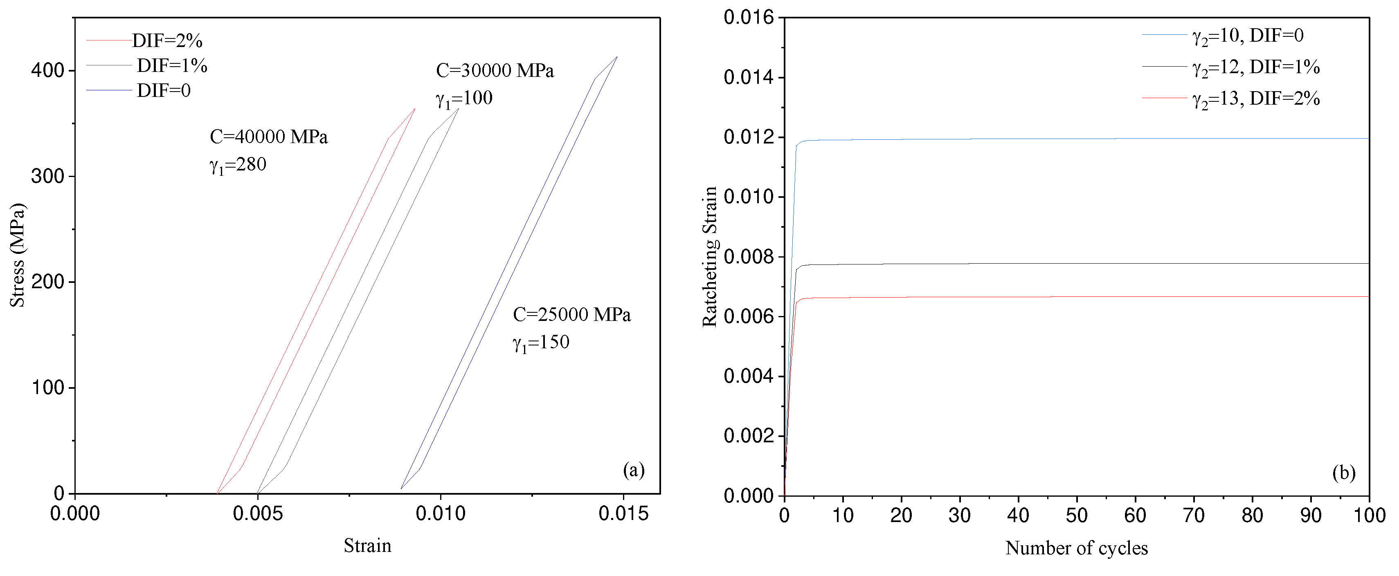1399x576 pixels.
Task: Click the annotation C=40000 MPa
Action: (268, 137)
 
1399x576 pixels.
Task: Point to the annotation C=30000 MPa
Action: (494, 71)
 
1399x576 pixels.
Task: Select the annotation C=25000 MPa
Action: (571, 315)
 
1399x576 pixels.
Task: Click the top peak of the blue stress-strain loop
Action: (616, 57)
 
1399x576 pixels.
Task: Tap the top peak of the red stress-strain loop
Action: (415, 109)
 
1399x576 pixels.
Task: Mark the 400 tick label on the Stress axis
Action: (48, 71)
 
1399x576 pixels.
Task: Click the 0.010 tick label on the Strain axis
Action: (441, 513)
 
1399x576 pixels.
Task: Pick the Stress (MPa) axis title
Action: (17, 255)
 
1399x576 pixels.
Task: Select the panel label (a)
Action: (633, 470)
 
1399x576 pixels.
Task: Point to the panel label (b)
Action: (1344, 473)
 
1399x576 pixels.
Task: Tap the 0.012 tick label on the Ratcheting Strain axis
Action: (748, 137)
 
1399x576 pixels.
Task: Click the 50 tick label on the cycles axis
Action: (1076, 515)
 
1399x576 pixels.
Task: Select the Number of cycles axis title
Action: (1076, 548)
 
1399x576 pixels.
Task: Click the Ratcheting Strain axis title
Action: (710, 256)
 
